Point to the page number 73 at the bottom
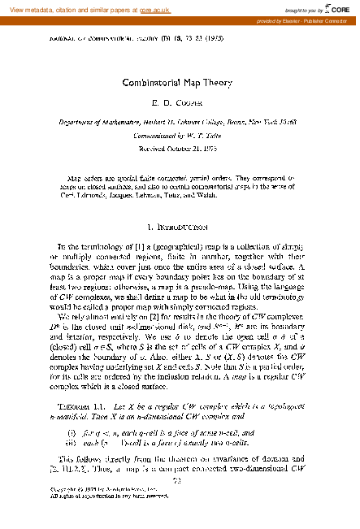coord(179,503)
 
